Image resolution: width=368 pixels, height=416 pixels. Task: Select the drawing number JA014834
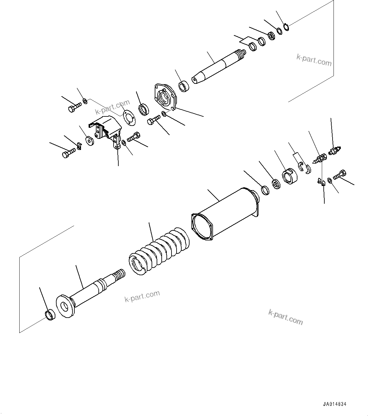pos(335,404)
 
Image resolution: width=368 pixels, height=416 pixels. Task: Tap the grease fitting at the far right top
pos(335,150)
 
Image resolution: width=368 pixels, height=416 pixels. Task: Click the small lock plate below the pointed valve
pos(321,182)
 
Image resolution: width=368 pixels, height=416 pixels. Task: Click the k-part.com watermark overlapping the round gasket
pos(113,108)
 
